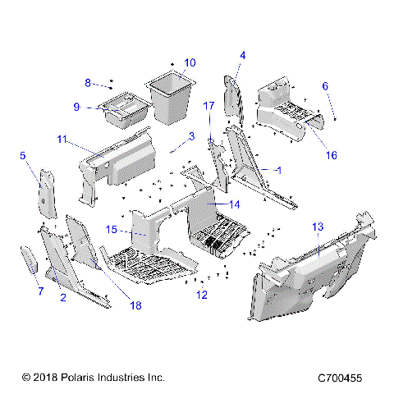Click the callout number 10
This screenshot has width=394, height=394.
pyautogui.click(x=190, y=62)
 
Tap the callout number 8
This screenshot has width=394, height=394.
pyautogui.click(x=88, y=82)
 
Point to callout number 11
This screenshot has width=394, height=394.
pyautogui.click(x=62, y=140)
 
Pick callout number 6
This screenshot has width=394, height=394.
pyautogui.click(x=325, y=85)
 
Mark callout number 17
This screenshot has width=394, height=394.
pyautogui.click(x=208, y=106)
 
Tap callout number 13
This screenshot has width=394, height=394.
pyautogui.click(x=318, y=226)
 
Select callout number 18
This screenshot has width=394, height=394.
pyautogui.click(x=135, y=305)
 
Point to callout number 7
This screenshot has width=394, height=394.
pyautogui.click(x=39, y=291)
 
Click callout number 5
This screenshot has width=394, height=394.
pyautogui.click(x=23, y=155)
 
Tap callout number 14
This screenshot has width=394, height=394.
pyautogui.click(x=234, y=204)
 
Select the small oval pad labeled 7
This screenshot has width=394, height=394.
pyautogui.click(x=29, y=262)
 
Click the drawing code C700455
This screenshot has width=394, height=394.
pyautogui.click(x=346, y=378)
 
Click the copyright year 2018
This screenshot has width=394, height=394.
pyautogui.click(x=42, y=378)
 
